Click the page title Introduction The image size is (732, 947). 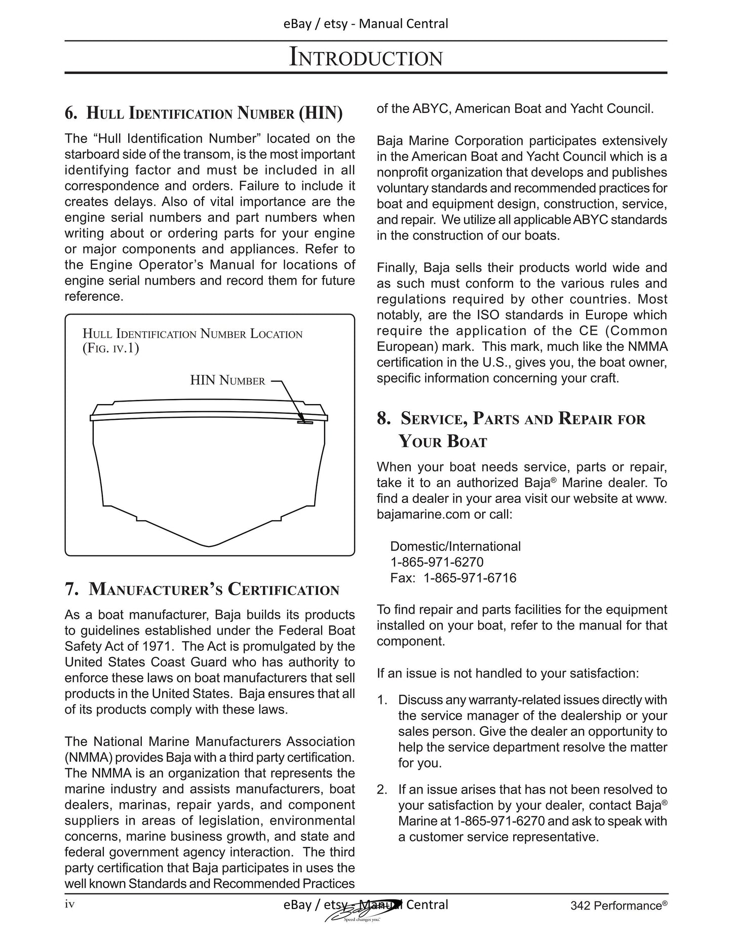366,57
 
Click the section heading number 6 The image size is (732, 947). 71,113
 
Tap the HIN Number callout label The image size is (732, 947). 227,380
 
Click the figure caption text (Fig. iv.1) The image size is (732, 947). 110,348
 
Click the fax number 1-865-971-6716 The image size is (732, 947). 470,578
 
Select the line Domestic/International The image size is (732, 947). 455,546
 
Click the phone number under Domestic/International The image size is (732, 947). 437,562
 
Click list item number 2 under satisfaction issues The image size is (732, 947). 382,789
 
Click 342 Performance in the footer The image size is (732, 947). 615,905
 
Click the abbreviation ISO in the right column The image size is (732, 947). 488,315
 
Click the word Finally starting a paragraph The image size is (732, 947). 397,267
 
